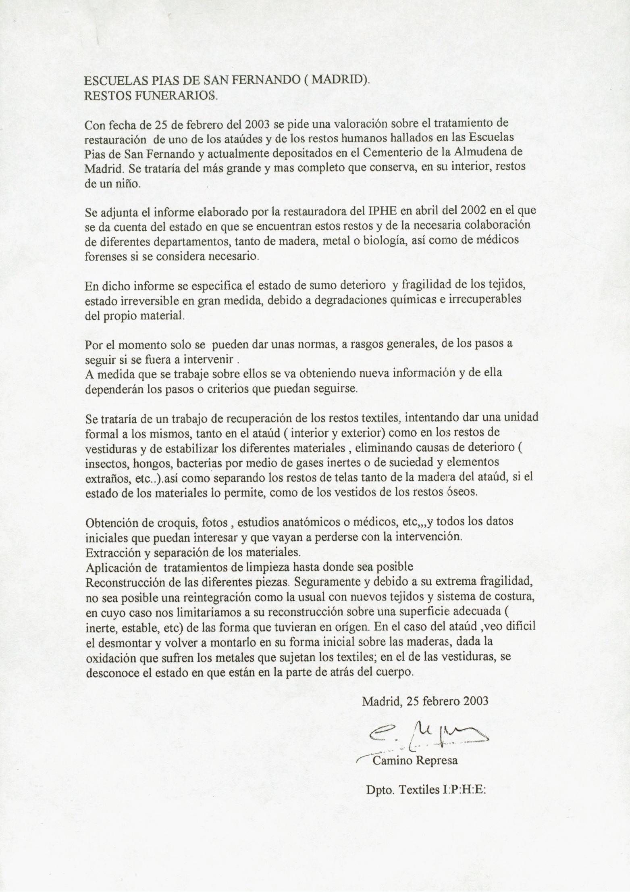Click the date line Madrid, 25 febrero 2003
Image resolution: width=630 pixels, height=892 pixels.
pos(425,701)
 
